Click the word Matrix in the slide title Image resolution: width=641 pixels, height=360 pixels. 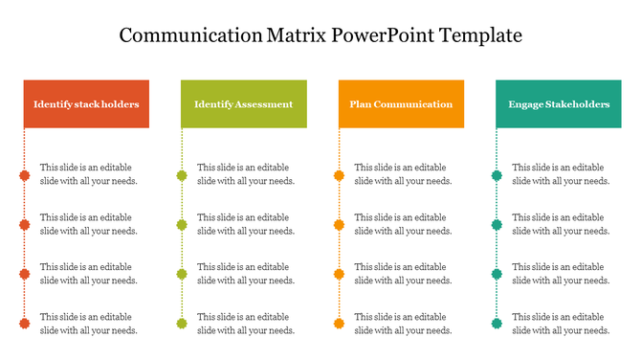[293, 35]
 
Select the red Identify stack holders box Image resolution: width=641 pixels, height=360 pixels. [86, 103]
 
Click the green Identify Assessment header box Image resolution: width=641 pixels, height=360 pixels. [243, 103]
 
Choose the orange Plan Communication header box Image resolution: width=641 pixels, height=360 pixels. [401, 103]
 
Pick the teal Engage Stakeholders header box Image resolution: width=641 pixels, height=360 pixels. [559, 103]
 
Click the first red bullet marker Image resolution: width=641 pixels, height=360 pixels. [24, 175]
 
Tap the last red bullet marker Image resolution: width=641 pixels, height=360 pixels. [24, 324]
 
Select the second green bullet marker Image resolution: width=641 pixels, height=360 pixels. [182, 225]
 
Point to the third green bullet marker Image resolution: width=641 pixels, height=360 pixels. [182, 275]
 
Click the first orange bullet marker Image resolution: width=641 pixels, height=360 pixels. [339, 175]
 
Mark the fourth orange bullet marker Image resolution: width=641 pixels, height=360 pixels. [339, 324]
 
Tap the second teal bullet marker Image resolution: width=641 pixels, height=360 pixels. [497, 225]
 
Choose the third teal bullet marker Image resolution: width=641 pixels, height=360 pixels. [497, 275]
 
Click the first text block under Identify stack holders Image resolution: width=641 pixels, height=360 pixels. [88, 174]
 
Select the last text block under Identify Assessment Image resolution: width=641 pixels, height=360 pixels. [246, 324]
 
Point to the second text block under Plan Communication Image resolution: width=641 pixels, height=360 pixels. [403, 224]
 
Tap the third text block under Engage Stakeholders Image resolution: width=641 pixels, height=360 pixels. [561, 274]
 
